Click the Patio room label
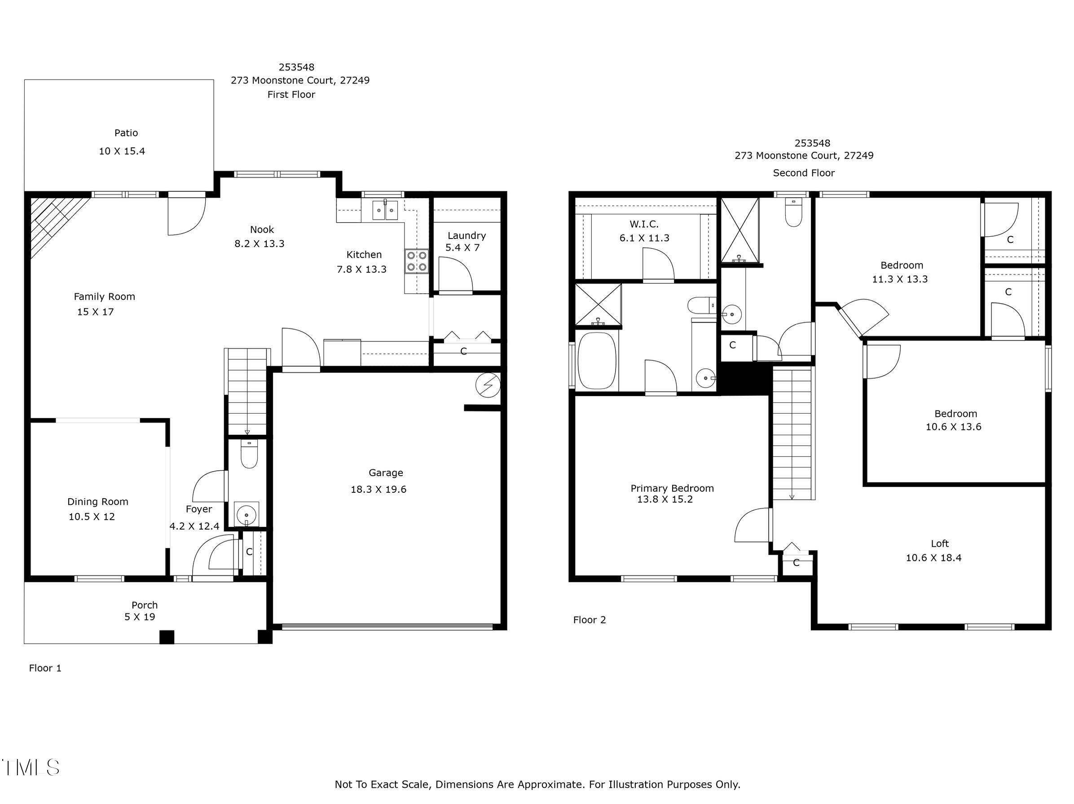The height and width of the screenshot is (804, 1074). tap(126, 133)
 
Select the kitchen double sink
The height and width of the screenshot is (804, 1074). tap(385, 210)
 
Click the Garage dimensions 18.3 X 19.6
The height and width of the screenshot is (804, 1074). tap(378, 490)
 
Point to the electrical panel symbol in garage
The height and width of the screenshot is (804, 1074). tap(488, 385)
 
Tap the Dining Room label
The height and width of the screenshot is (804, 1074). tap(97, 502)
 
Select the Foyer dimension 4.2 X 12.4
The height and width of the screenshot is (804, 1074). tap(194, 526)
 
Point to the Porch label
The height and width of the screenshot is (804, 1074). tap(145, 605)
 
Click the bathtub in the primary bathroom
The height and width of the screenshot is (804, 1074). tap(597, 361)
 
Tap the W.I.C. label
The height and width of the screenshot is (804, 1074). tap(644, 225)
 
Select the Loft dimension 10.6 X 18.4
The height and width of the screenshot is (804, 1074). tap(933, 558)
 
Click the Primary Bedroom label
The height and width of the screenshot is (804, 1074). tap(672, 489)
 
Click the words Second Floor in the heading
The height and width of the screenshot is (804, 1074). tap(804, 173)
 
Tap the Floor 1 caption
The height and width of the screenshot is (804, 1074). tap(45, 668)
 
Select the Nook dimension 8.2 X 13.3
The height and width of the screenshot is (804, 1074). tap(259, 244)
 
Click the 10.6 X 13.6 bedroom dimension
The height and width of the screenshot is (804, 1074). tap(953, 427)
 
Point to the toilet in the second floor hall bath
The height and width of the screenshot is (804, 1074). tap(793, 214)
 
